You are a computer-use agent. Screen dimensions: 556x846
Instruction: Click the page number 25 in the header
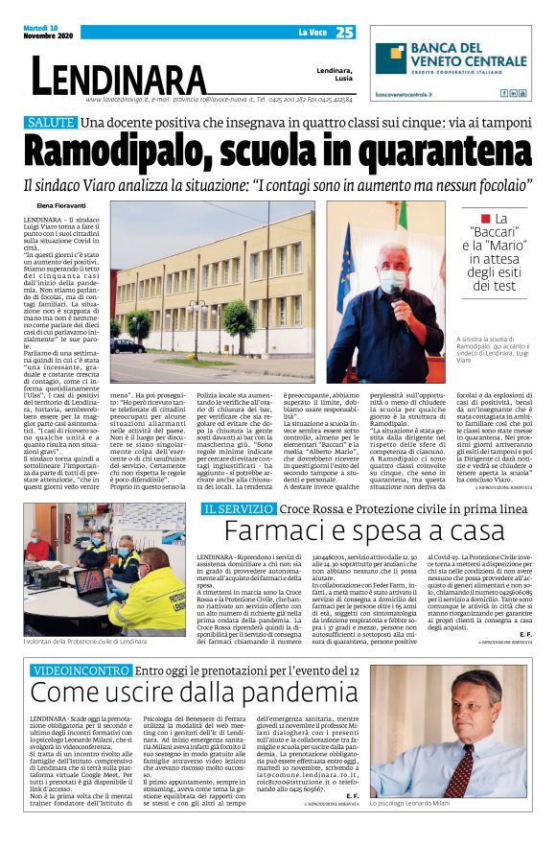click(345, 33)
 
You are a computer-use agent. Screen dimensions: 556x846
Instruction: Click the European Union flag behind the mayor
click(346, 264)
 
